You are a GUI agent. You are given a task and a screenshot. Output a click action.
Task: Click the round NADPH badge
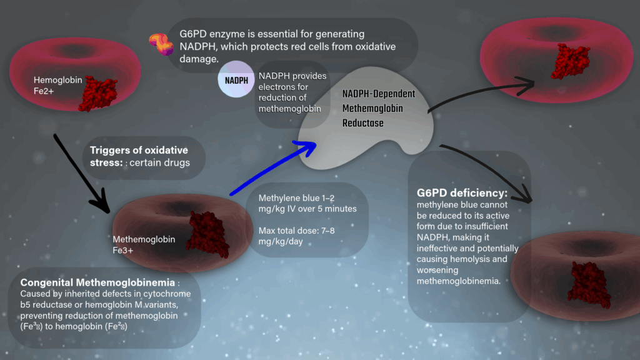pyautogui.click(x=236, y=80)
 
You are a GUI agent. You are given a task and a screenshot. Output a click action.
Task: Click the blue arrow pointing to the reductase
pyautogui.click(x=272, y=168)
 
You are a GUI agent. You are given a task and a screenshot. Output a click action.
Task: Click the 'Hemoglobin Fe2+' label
pyautogui.click(x=54, y=85)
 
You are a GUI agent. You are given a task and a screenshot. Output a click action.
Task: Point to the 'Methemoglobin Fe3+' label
pyautogui.click(x=135, y=244)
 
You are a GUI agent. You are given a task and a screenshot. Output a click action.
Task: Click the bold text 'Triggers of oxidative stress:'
pyautogui.click(x=138, y=156)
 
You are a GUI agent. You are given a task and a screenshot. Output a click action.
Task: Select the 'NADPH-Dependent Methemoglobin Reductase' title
pyautogui.click(x=378, y=108)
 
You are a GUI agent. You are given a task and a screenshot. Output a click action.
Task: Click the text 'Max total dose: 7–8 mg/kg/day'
pyautogui.click(x=297, y=236)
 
